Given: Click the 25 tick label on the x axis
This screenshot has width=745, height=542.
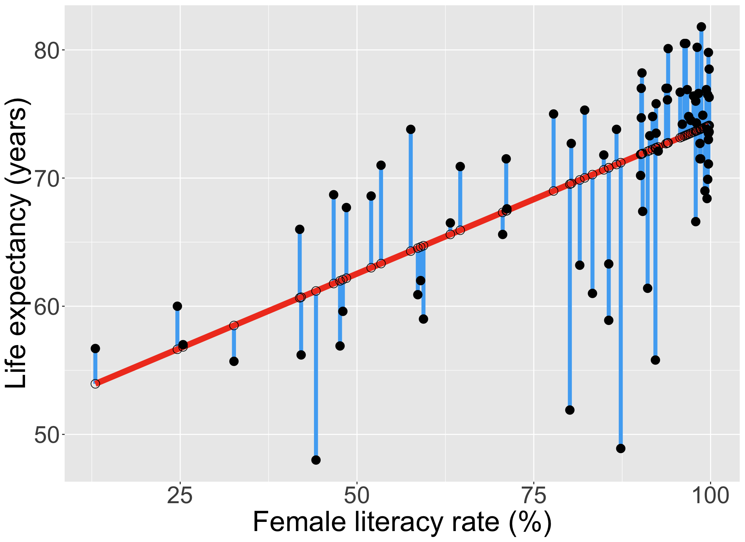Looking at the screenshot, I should coord(180,495).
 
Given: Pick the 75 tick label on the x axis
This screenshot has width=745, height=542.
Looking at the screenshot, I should coord(534,495).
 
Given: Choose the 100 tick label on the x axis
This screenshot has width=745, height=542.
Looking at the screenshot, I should coord(710,495).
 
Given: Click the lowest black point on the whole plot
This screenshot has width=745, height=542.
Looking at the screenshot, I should coord(316,460).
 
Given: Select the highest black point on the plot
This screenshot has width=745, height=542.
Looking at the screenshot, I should coord(701,27).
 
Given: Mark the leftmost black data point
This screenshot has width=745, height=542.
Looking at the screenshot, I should coord(95,349).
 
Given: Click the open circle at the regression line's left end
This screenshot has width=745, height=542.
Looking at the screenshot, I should coord(95,384).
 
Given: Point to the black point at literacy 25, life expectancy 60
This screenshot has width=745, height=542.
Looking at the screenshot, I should coord(177,306).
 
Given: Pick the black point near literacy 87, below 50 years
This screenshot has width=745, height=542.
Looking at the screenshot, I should coord(621,448).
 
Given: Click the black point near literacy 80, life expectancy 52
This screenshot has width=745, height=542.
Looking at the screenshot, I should coord(570,410).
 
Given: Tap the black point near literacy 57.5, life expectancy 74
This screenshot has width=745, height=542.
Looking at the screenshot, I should coord(411,130).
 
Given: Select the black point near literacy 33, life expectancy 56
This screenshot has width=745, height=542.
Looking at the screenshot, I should coord(234,361).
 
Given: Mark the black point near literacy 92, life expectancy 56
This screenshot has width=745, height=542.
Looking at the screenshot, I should coord(655,360).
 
